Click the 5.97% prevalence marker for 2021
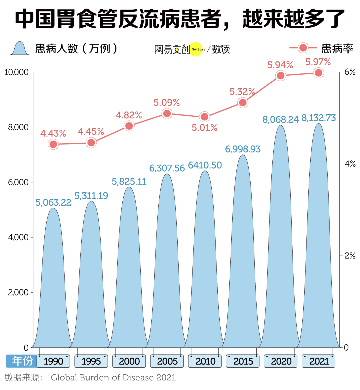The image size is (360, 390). tap(318, 73)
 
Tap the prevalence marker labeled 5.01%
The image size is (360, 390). tap(204, 117)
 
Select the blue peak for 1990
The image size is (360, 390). tap(53, 283)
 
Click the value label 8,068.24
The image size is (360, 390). tap(280, 119)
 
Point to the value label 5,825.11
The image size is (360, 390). tap(129, 181)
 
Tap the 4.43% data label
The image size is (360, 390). tap(53, 133)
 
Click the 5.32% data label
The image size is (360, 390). tap(242, 92)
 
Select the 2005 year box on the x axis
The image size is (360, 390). tap(167, 361)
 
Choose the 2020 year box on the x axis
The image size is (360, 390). tap(281, 361)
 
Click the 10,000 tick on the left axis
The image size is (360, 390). tap(16, 72)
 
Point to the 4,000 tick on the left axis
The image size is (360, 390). tap(18, 237)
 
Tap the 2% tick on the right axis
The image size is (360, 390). tap(350, 256)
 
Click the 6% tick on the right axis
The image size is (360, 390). tap(350, 72)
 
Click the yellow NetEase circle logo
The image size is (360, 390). tap(196, 49)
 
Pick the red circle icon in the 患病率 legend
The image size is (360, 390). tap(303, 48)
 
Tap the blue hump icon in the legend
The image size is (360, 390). tap(20, 49)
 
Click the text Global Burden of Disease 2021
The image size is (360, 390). tap(113, 377)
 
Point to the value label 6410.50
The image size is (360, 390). tap(205, 165)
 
